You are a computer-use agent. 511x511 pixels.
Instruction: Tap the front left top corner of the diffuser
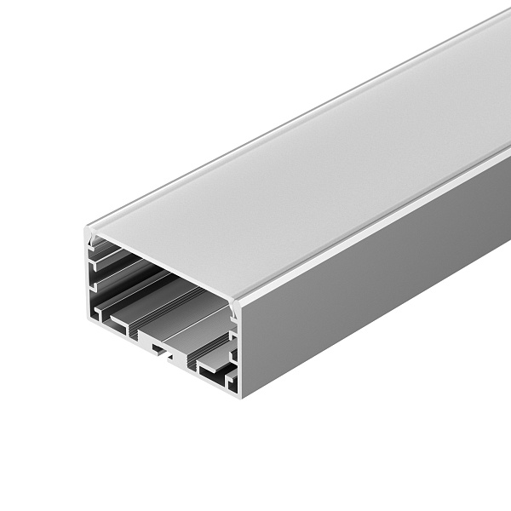[x=89, y=228]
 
